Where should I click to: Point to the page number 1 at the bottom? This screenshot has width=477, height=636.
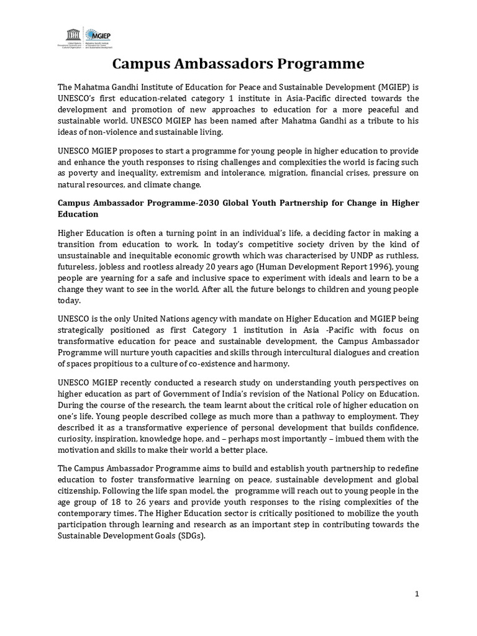point(417,594)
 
